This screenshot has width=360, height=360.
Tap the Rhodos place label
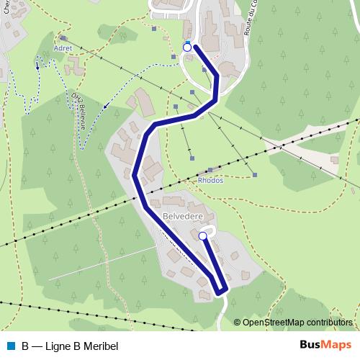pos(210,180)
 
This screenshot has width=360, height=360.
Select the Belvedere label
pos(182,215)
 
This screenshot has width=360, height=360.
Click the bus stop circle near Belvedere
pos(203,235)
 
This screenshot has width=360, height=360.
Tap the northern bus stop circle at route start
pos(187,48)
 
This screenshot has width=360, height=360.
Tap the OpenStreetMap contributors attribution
pos(297,323)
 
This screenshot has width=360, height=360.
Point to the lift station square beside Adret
pos(63,37)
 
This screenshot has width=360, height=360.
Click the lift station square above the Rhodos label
pos(210,170)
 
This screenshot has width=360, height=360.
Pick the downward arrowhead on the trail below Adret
pos(37,66)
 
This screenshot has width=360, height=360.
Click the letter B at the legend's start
pos(25,346)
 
